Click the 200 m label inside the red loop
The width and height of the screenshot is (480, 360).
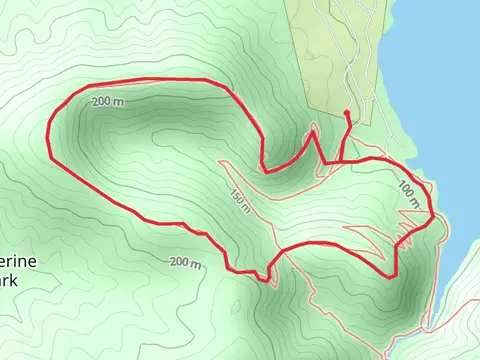coord(109,103)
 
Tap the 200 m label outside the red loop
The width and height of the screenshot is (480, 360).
coord(185,263)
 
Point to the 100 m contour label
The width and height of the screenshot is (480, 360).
coord(408,194)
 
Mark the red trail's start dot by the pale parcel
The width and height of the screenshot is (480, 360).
coord(346,113)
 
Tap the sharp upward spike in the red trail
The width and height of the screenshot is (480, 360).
coord(314,129)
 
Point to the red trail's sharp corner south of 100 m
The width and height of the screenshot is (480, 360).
coord(396,274)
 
